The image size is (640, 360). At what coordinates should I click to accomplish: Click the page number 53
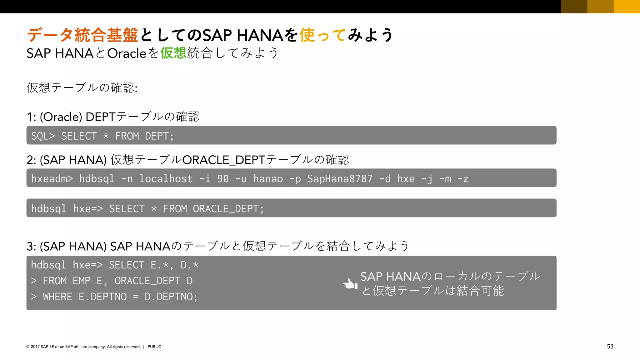610,346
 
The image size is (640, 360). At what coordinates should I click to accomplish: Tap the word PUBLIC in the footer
154,347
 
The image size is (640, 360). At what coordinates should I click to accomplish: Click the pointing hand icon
350,284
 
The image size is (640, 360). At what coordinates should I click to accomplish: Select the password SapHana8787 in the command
340,179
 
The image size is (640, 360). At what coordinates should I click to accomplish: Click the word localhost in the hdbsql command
166,179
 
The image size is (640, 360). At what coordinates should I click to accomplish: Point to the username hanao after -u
268,179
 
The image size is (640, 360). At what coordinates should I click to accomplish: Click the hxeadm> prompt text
52,179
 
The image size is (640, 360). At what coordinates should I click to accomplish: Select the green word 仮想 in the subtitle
173,53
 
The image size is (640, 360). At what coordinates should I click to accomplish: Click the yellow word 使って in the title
323,35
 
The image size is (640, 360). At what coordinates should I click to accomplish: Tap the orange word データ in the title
50,35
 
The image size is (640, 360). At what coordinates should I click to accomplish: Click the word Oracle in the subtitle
127,53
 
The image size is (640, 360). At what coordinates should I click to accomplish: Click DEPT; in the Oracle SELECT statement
159,136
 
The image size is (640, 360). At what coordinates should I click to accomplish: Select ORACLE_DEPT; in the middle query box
228,209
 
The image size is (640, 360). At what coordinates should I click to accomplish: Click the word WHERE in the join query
58,297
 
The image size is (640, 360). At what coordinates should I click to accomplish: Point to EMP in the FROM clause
82,281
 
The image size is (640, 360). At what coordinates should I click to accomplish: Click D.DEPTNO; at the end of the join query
171,297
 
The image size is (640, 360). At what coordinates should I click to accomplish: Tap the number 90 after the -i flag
223,179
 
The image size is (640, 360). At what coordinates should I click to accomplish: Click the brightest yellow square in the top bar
627,6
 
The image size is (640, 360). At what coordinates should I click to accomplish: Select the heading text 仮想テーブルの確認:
82,87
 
